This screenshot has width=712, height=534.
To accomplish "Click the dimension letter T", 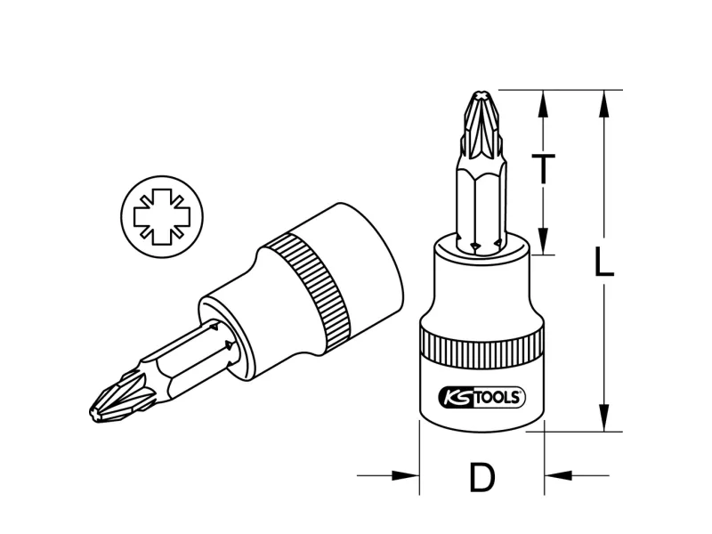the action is click(x=543, y=168).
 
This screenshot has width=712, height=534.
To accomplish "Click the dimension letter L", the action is click(x=604, y=262).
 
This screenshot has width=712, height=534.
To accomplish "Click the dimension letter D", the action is click(x=481, y=477).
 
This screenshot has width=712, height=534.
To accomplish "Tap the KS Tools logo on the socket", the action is click(x=481, y=398).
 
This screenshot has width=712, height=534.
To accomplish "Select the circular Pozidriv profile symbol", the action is click(x=162, y=217).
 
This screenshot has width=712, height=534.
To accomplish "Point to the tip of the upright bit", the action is click(x=481, y=93).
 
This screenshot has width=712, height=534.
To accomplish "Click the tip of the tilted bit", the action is click(x=93, y=413).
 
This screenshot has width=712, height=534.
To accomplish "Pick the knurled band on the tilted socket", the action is click(x=308, y=291).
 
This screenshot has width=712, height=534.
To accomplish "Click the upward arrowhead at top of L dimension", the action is click(x=604, y=104).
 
